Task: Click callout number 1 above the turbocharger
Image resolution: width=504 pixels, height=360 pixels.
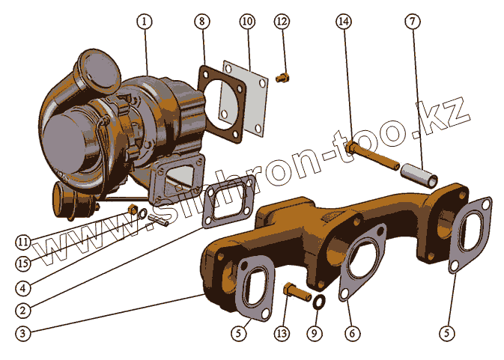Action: [145, 22]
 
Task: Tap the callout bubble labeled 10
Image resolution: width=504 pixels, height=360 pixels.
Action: [247, 22]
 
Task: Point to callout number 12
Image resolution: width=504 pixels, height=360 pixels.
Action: [281, 22]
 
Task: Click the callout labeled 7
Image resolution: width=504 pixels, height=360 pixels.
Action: [412, 22]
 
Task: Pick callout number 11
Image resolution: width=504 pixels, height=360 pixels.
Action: [23, 242]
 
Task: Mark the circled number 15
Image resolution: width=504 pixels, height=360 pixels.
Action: [23, 263]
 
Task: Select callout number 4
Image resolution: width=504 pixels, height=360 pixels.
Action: [23, 287]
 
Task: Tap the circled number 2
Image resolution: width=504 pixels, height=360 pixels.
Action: [23, 309]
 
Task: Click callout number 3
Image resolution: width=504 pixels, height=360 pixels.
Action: [23, 333]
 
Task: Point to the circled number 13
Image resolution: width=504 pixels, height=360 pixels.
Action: [282, 332]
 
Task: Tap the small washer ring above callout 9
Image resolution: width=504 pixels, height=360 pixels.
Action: [318, 302]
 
